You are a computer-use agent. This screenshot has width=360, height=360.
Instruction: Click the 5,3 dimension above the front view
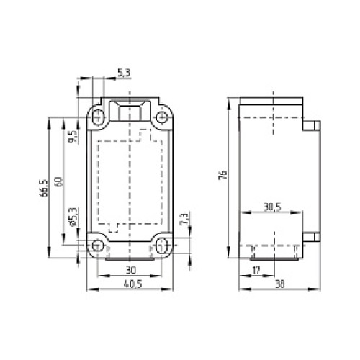click(123, 72)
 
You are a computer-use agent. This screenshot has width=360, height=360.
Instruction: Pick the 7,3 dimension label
click(185, 218)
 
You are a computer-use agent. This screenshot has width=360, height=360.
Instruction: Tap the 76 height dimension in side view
click(224, 176)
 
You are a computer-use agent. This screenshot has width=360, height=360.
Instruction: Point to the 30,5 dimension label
click(272, 207)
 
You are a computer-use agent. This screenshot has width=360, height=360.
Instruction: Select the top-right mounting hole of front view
click(162, 114)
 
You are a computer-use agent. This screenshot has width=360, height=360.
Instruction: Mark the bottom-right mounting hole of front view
click(162, 243)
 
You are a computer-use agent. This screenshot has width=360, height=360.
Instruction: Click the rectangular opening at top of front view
click(130, 112)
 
